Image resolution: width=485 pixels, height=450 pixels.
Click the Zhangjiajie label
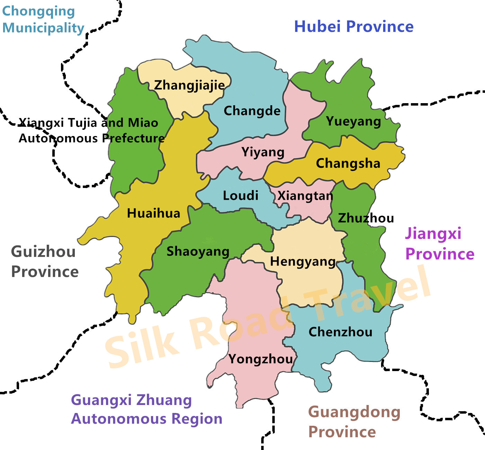[x=189, y=85]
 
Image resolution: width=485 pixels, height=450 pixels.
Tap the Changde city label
[x=252, y=111]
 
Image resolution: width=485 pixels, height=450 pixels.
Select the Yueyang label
[x=353, y=121]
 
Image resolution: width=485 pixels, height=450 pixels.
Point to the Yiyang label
[x=263, y=152]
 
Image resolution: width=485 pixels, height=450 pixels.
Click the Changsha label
[x=348, y=163]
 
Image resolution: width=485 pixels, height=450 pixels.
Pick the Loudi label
[x=240, y=196]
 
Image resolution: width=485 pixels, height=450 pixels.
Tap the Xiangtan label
[x=305, y=196]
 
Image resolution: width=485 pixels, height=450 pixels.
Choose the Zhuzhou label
[x=366, y=218]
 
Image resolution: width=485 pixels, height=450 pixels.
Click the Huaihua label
[x=153, y=213]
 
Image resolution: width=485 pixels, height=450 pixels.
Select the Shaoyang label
[x=198, y=252]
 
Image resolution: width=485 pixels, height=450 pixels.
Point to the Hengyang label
[x=303, y=262]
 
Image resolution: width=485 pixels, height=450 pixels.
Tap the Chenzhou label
[x=340, y=332]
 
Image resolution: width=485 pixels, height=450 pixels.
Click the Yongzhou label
[x=261, y=359]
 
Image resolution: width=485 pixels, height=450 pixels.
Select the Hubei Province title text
[x=354, y=27]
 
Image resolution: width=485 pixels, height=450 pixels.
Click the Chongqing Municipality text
[x=43, y=19]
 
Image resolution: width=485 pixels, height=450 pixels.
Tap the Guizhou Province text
[x=44, y=261]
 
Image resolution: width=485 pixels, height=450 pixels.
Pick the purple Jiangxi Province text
[x=439, y=243]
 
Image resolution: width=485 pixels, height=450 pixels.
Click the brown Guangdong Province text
[x=354, y=422]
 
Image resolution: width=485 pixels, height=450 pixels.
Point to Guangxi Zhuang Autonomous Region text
[x=147, y=409]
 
